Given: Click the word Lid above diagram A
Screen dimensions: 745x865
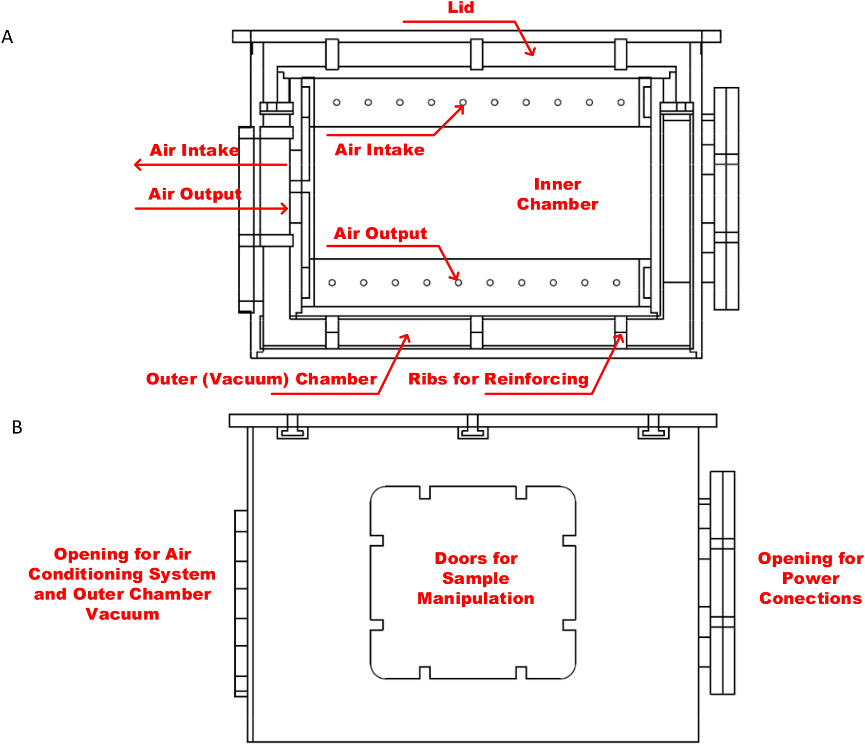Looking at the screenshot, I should pyautogui.click(x=461, y=8).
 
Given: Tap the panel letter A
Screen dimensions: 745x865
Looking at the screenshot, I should pyautogui.click(x=7, y=37).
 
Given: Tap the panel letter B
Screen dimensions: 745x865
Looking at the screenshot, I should pyautogui.click(x=17, y=427).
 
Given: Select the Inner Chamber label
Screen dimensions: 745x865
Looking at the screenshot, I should pyautogui.click(x=557, y=194).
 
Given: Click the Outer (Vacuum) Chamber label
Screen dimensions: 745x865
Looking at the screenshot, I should pyautogui.click(x=261, y=379).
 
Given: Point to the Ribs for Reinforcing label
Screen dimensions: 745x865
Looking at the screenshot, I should pyautogui.click(x=498, y=379).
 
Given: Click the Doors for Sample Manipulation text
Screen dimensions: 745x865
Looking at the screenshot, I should pyautogui.click(x=475, y=578).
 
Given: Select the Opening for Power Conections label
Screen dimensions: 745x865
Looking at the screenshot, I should pyautogui.click(x=810, y=578).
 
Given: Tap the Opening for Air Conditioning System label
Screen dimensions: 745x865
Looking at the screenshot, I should pyautogui.click(x=122, y=574).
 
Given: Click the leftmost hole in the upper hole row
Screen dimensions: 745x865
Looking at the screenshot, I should pyautogui.click(x=337, y=102).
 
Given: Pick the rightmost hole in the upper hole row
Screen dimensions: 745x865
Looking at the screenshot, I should pyautogui.click(x=621, y=102).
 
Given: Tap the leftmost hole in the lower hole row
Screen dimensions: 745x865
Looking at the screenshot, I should pyautogui.click(x=332, y=283).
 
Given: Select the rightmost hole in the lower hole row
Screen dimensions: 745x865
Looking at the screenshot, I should pyautogui.click(x=617, y=283).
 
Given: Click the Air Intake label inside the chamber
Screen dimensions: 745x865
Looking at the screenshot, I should pyautogui.click(x=379, y=150).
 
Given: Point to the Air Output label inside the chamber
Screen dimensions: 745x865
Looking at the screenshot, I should pyautogui.click(x=380, y=233).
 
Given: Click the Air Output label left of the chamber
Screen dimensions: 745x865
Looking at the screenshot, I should pyautogui.click(x=194, y=194).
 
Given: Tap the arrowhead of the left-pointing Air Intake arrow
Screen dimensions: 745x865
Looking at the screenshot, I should pyautogui.click(x=137, y=165).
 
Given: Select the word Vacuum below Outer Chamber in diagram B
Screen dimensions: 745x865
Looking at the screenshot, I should pyautogui.click(x=122, y=614).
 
